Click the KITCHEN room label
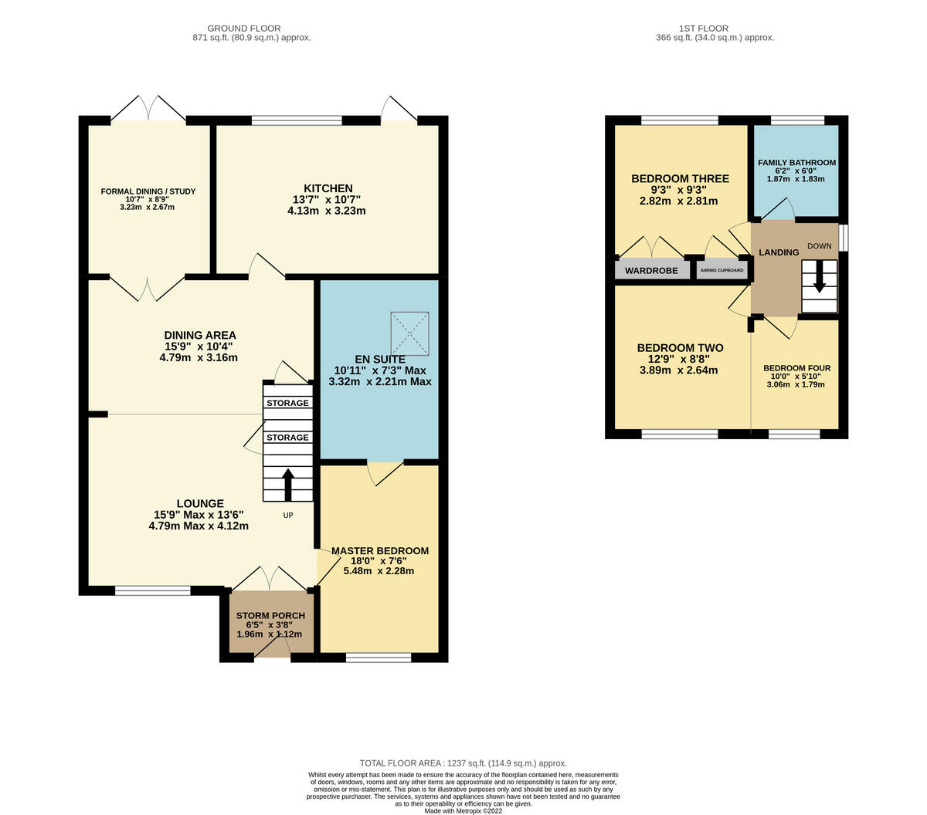point(328,188)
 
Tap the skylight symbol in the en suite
point(409,333)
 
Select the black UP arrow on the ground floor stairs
point(287,485)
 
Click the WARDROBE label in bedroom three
point(651,271)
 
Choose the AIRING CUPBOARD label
point(722,271)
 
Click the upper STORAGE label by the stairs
point(287,403)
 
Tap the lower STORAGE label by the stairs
point(287,438)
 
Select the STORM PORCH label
point(270,615)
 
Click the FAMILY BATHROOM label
point(796,163)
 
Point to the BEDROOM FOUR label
point(796,368)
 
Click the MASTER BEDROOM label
point(379,551)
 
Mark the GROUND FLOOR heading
point(244,29)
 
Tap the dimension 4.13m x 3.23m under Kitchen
point(326,211)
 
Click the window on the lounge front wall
point(152,590)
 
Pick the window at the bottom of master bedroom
point(379,658)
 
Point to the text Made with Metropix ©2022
point(463,810)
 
